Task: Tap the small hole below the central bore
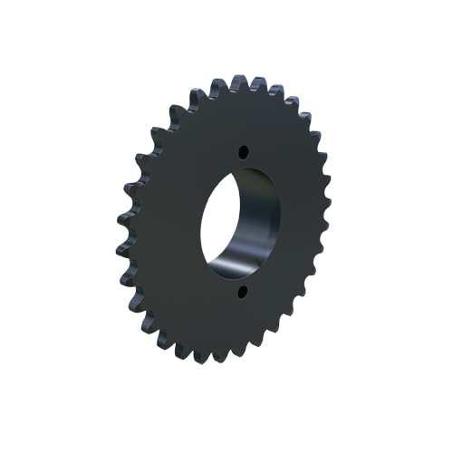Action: click(x=241, y=292)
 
